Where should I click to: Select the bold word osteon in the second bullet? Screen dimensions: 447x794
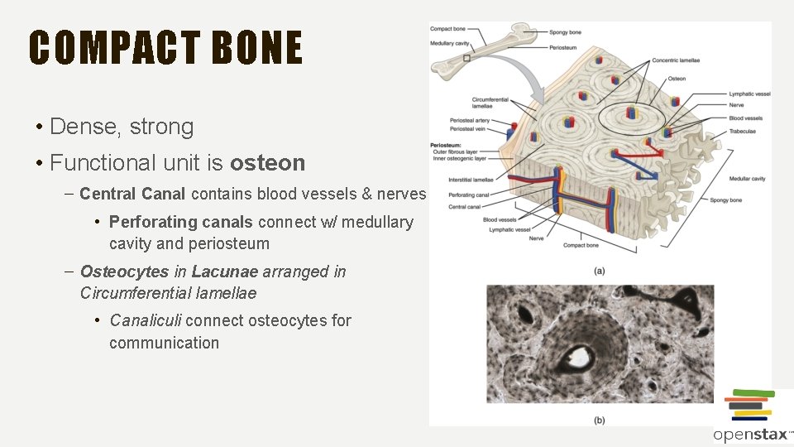[x=267, y=163]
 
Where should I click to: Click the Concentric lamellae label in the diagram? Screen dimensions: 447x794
[x=677, y=60]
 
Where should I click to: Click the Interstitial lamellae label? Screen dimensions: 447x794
[x=471, y=179]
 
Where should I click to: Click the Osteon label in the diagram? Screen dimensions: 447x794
[x=676, y=79]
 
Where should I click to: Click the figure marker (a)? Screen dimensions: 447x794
[x=599, y=270]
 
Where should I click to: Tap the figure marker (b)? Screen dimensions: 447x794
[x=599, y=421]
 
